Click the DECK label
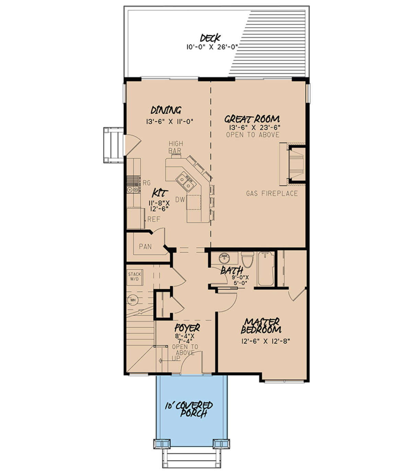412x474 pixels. (x=210, y=39)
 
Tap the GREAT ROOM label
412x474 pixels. (x=252, y=119)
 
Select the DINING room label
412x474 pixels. (x=166, y=110)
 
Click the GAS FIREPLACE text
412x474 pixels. (x=272, y=193)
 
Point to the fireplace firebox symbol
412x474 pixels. (x=297, y=164)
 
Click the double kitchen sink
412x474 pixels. (x=185, y=182)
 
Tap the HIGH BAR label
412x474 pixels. (x=175, y=147)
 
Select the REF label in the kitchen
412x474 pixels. (x=154, y=219)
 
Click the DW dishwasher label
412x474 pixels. (x=180, y=199)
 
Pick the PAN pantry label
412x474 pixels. (x=145, y=247)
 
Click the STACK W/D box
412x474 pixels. (x=135, y=277)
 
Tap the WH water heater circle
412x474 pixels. (x=133, y=300)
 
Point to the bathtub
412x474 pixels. (x=266, y=269)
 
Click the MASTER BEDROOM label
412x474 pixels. (x=261, y=326)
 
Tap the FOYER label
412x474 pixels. (x=187, y=328)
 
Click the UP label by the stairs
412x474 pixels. (x=176, y=358)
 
